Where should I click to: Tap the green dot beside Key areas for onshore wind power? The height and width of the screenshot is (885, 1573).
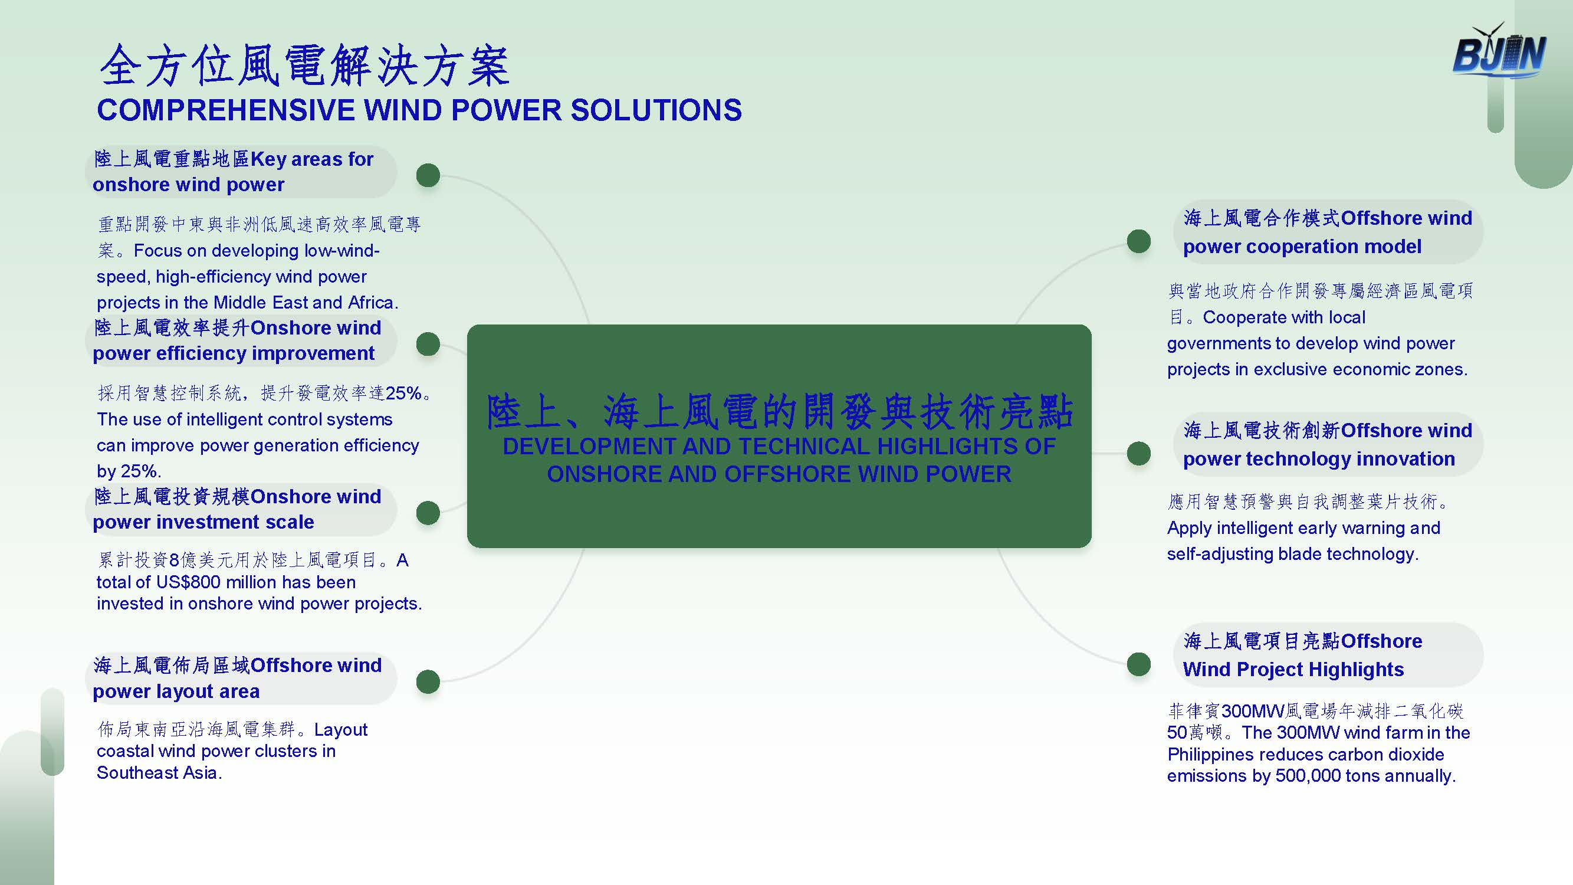(428, 175)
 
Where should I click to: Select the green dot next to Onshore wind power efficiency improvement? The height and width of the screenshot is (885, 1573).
(428, 344)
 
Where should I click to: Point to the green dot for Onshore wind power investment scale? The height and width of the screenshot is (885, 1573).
(428, 513)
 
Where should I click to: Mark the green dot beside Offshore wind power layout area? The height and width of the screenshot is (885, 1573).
(428, 681)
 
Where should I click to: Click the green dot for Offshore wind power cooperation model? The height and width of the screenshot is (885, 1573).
(1139, 241)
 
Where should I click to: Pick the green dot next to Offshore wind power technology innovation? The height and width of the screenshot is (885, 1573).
(1139, 453)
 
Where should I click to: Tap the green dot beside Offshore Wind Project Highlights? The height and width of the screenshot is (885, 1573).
(1139, 664)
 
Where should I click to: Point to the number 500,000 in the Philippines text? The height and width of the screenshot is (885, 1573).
(1313, 776)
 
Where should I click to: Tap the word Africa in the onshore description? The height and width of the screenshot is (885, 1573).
(373, 302)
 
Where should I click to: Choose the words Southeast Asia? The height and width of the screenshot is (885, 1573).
(159, 773)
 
